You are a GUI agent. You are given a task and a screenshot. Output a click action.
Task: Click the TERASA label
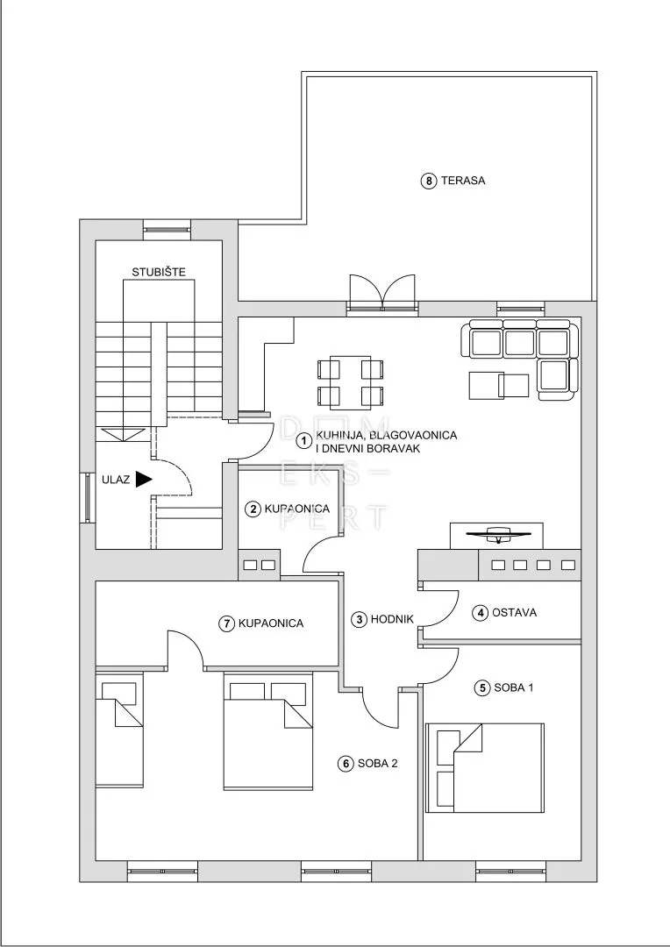(x=463, y=180)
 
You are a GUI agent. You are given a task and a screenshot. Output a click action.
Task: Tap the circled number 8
(x=428, y=181)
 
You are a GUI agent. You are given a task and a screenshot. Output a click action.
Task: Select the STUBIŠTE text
(x=159, y=273)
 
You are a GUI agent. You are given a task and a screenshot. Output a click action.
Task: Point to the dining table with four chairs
(x=351, y=381)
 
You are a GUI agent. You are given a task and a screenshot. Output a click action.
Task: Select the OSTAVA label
(x=514, y=612)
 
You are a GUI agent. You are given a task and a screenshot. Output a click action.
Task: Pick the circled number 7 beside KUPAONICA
(x=226, y=623)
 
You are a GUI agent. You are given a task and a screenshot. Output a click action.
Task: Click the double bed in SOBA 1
(x=485, y=767)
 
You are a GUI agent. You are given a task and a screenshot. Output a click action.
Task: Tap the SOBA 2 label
(x=378, y=764)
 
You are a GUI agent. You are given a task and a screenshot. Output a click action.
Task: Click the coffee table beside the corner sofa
(x=499, y=385)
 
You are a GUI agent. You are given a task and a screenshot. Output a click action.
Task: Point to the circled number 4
(x=481, y=613)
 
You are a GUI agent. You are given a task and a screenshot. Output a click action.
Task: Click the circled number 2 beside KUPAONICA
(x=253, y=509)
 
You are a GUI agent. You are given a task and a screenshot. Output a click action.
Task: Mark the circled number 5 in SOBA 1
(x=482, y=687)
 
